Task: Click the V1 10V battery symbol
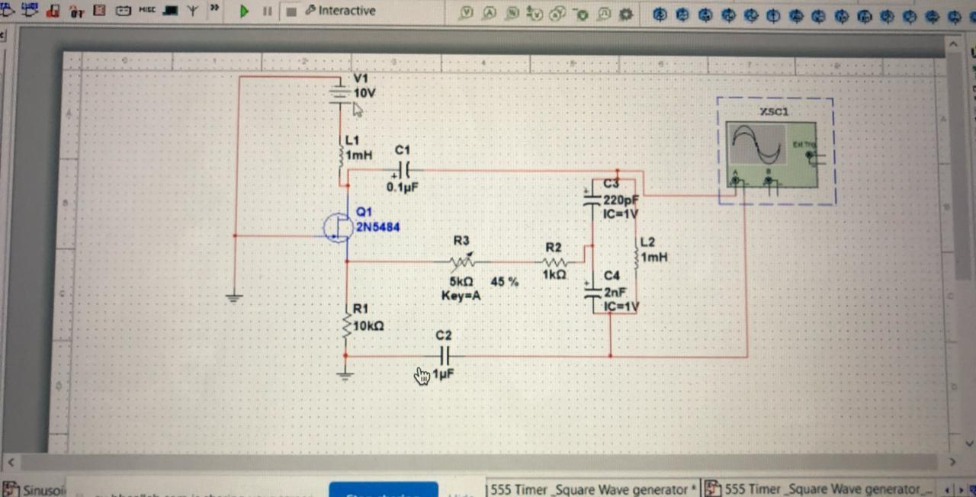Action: [x=340, y=93]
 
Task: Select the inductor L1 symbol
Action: [x=342, y=156]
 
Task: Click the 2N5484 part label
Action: [x=377, y=227]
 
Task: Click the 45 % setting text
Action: [x=504, y=281]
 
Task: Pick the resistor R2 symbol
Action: [x=554, y=262]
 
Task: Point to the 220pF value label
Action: [x=621, y=200]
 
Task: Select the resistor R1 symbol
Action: [x=347, y=325]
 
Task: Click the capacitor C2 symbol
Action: [x=445, y=355]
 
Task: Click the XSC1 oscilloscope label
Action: [x=775, y=112]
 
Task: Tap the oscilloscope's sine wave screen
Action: [x=756, y=144]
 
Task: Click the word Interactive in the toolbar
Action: [x=346, y=11]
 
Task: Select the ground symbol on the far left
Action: [x=234, y=297]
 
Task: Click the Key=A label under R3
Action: [x=461, y=296]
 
